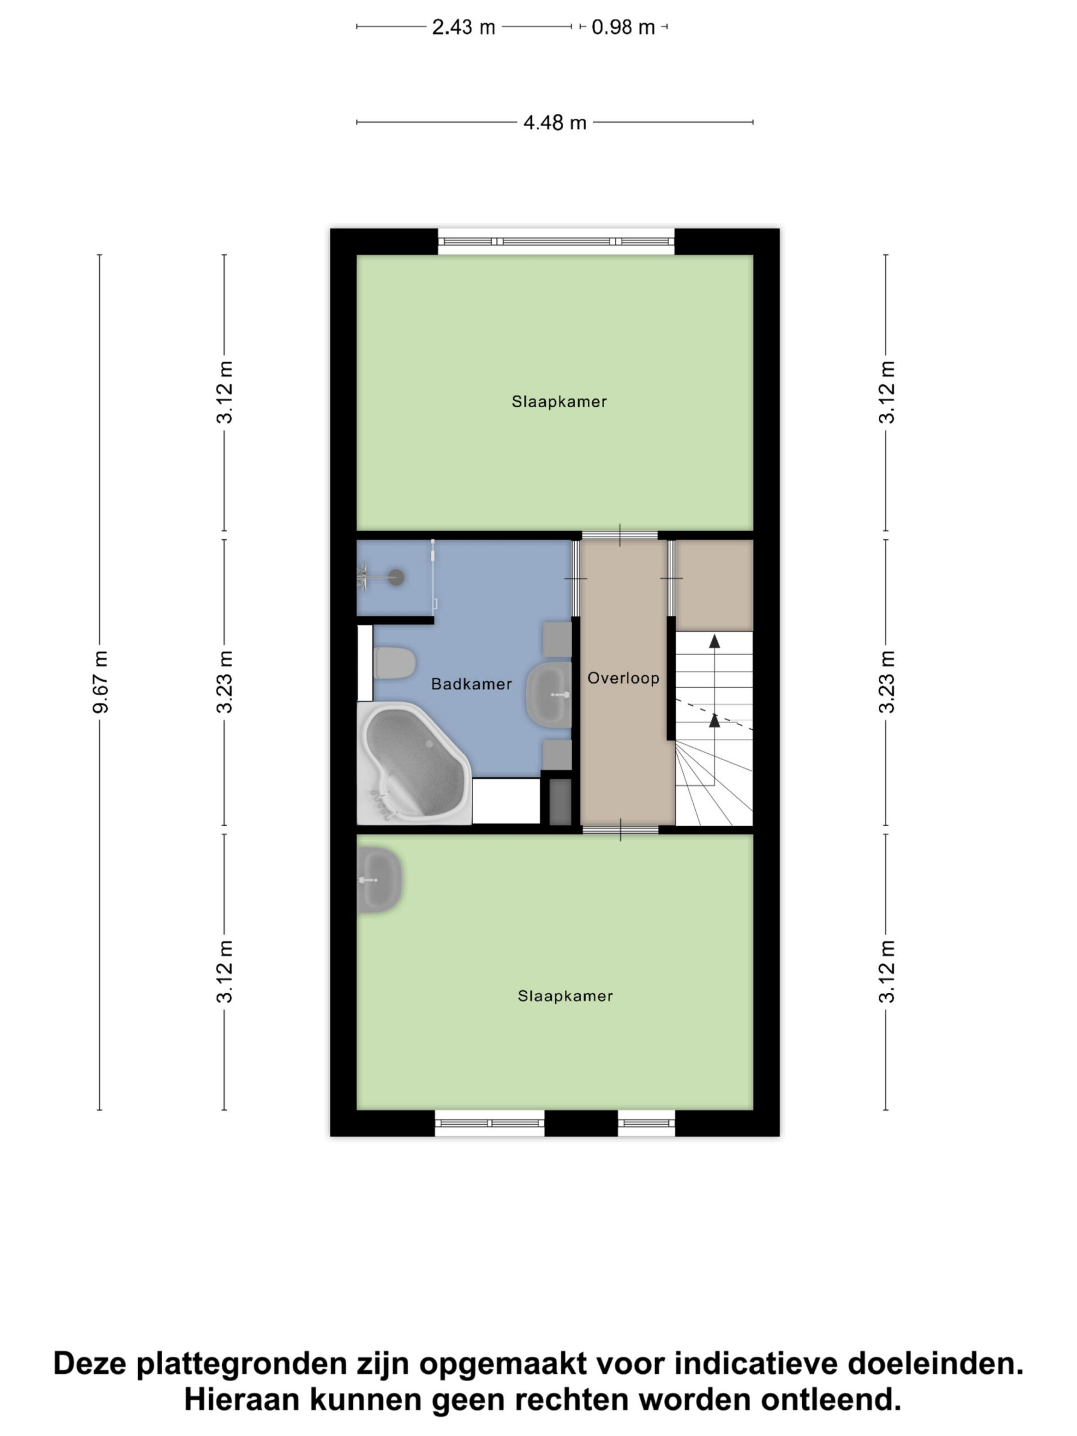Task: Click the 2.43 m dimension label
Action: (463, 27)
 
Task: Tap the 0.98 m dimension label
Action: (623, 27)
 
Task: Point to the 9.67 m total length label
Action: (100, 682)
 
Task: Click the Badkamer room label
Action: (471, 684)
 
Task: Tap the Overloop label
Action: (623, 678)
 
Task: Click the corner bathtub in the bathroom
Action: (413, 763)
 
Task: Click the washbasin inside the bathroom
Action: (549, 694)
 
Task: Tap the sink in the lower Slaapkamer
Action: (379, 880)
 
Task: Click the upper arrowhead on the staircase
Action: (714, 641)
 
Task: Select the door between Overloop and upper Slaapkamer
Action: (619, 536)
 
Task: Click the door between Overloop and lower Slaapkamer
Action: (620, 830)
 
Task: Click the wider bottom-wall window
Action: (490, 1123)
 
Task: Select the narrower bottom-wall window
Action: (647, 1123)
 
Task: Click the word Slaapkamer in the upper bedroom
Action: (559, 402)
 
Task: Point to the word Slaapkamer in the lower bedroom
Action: (565, 996)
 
